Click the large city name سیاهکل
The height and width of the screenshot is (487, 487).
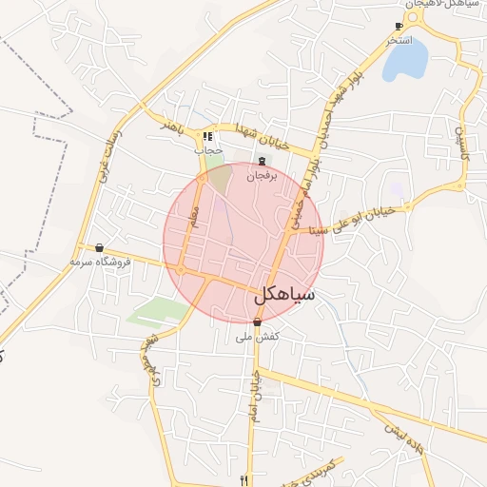pyautogui.click(x=283, y=296)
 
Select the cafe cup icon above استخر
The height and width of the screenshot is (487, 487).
pyautogui.click(x=399, y=27)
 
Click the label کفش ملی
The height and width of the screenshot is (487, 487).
pyautogui.click(x=257, y=337)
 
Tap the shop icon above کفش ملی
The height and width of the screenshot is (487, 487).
pyautogui.click(x=257, y=322)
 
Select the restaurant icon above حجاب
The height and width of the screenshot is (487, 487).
pyautogui.click(x=208, y=137)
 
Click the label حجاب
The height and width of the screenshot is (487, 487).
pyautogui.click(x=208, y=150)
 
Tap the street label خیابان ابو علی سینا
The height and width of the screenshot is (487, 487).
pyautogui.click(x=330, y=218)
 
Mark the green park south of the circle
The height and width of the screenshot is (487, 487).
pyautogui.click(x=156, y=311)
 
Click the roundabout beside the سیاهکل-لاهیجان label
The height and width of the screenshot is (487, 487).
pyautogui.click(x=416, y=23)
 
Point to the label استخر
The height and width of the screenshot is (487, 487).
pyautogui.click(x=399, y=41)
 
